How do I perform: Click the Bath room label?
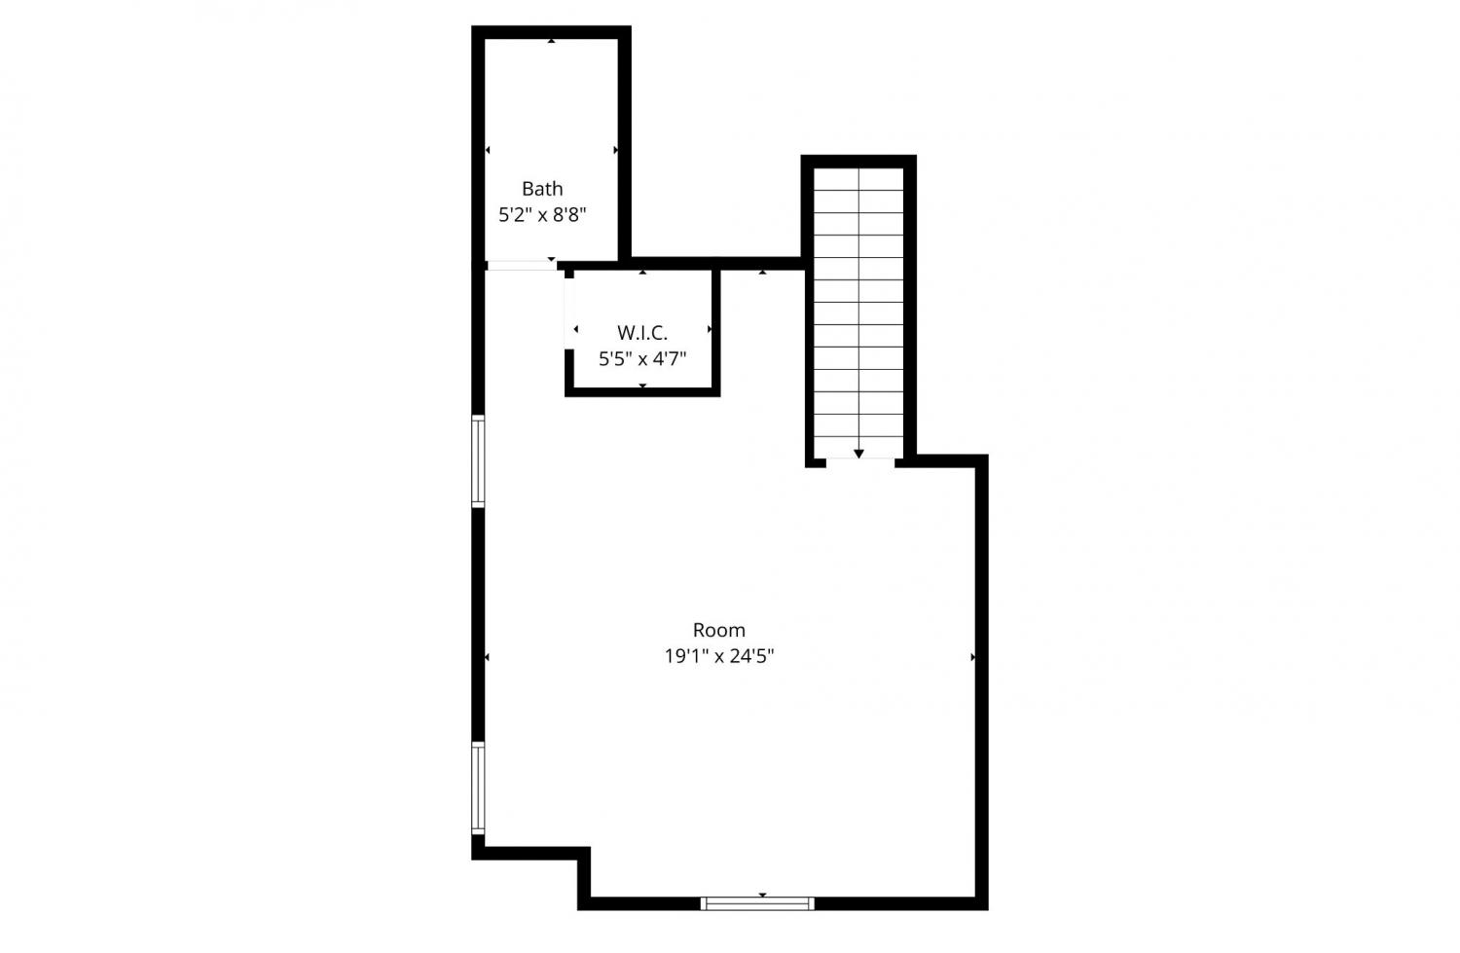[542, 189]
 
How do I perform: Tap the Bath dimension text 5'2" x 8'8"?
[542, 214]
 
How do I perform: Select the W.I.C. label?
[642, 333]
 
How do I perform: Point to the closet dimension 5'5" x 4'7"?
[642, 358]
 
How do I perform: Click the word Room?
[719, 630]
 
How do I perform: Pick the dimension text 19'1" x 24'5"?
[719, 656]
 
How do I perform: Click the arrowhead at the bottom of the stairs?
[859, 454]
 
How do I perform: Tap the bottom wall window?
[757, 903]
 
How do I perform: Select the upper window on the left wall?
[479, 460]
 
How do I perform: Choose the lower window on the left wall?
[479, 788]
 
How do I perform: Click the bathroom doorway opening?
[522, 266]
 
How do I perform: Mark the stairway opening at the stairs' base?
[860, 462]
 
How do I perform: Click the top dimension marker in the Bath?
[552, 41]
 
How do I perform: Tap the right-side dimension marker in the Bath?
[615, 151]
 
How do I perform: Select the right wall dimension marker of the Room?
[972, 657]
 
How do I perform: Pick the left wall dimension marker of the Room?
[488, 657]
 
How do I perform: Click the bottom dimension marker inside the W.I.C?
[642, 385]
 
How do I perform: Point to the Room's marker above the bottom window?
[762, 895]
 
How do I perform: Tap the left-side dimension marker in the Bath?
[488, 151]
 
